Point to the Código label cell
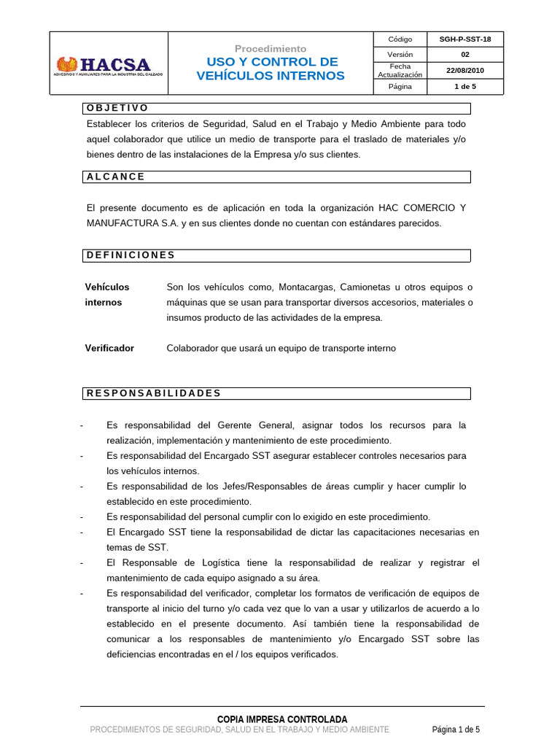(x=400, y=39)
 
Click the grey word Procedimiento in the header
(x=271, y=48)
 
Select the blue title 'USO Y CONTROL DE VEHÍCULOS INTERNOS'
(x=271, y=69)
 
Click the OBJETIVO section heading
(x=117, y=108)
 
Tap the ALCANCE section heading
(x=116, y=177)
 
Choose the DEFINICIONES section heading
(x=131, y=255)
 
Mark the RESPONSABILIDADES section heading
(x=153, y=393)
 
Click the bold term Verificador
(x=109, y=348)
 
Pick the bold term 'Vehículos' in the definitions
(x=107, y=287)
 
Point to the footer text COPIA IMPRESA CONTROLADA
(x=282, y=719)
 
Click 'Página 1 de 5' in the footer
(x=456, y=729)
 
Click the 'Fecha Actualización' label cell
(x=400, y=71)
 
